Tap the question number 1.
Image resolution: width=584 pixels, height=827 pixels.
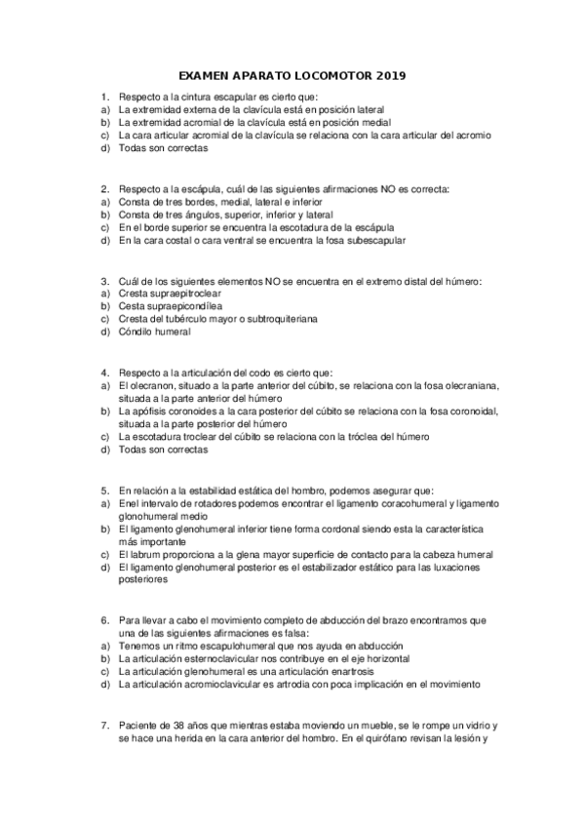pyautogui.click(x=105, y=98)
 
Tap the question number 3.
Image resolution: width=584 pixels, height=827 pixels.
pyautogui.click(x=105, y=280)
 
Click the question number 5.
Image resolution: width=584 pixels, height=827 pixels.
pyautogui.click(x=105, y=490)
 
